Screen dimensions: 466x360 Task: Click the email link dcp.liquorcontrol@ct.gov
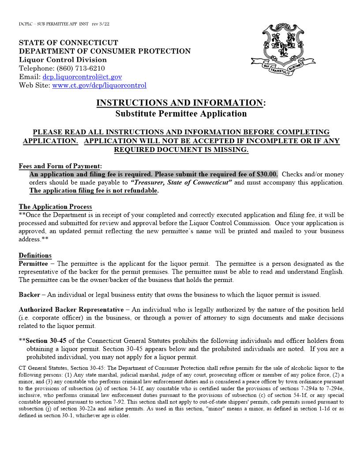pos(82,77)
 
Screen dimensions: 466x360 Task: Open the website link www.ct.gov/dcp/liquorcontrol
pos(99,85)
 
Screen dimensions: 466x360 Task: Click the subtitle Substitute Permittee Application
pos(181,113)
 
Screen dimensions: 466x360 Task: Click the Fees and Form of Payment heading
pos(60,166)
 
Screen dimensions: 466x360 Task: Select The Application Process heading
pos(55,207)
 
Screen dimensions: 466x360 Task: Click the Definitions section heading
pos(35,255)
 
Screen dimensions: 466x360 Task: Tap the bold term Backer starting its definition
pos(30,294)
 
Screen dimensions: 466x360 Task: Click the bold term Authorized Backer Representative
pos(71,309)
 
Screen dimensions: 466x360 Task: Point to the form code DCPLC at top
pos(26,23)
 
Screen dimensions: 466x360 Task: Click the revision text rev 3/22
pos(101,23)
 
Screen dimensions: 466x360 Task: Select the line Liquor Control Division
pos(63,60)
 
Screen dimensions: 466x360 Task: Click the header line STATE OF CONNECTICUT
pos(68,43)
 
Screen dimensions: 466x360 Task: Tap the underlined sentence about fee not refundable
pos(94,191)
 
